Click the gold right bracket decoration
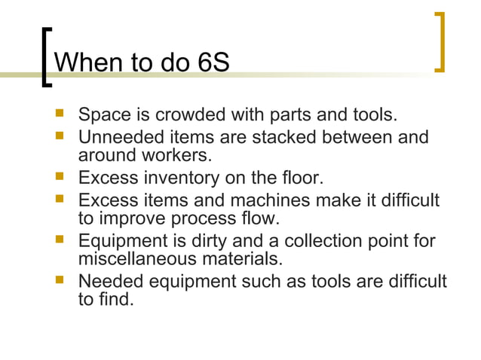pyautogui.click(x=440, y=42)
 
